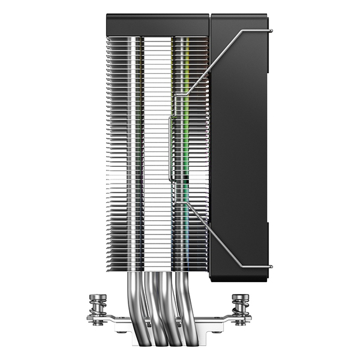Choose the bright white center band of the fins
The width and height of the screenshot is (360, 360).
(x=157, y=150)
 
